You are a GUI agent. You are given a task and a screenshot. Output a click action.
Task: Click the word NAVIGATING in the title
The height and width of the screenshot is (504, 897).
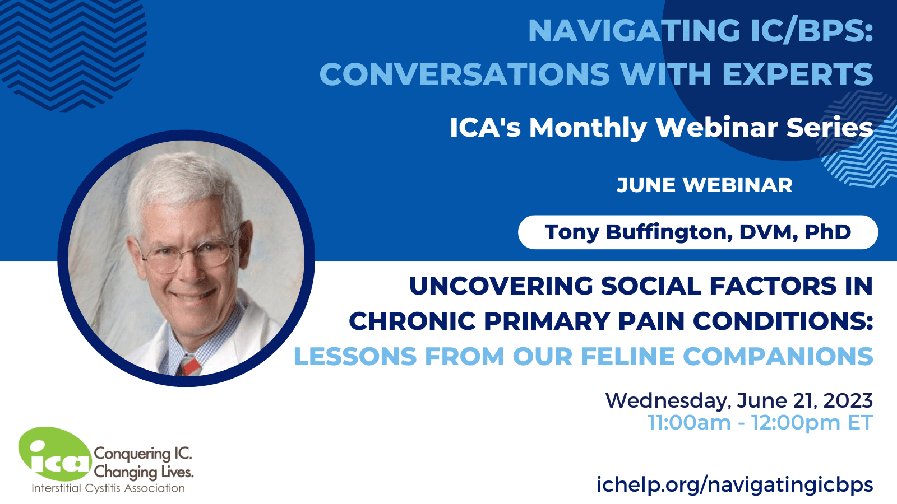click(634, 31)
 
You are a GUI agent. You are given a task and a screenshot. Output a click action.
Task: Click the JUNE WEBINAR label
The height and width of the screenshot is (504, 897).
click(704, 185)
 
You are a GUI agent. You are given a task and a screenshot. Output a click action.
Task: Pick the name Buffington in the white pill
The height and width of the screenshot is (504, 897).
click(669, 232)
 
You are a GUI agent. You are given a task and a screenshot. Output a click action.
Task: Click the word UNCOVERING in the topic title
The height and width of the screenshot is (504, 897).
click(501, 286)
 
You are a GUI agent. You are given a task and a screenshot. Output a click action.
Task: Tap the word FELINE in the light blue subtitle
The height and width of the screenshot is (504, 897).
click(627, 356)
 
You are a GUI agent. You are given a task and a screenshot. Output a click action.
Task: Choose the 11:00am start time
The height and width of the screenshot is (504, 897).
click(689, 423)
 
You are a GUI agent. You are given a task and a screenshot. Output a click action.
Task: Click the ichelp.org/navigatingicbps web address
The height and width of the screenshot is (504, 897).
click(735, 484)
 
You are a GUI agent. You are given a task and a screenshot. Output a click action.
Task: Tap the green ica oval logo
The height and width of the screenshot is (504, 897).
click(56, 454)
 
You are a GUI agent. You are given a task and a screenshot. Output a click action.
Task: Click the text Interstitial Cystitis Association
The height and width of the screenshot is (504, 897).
click(108, 488)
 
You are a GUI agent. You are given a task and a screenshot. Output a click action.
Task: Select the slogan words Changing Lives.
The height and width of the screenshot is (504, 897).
click(144, 473)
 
